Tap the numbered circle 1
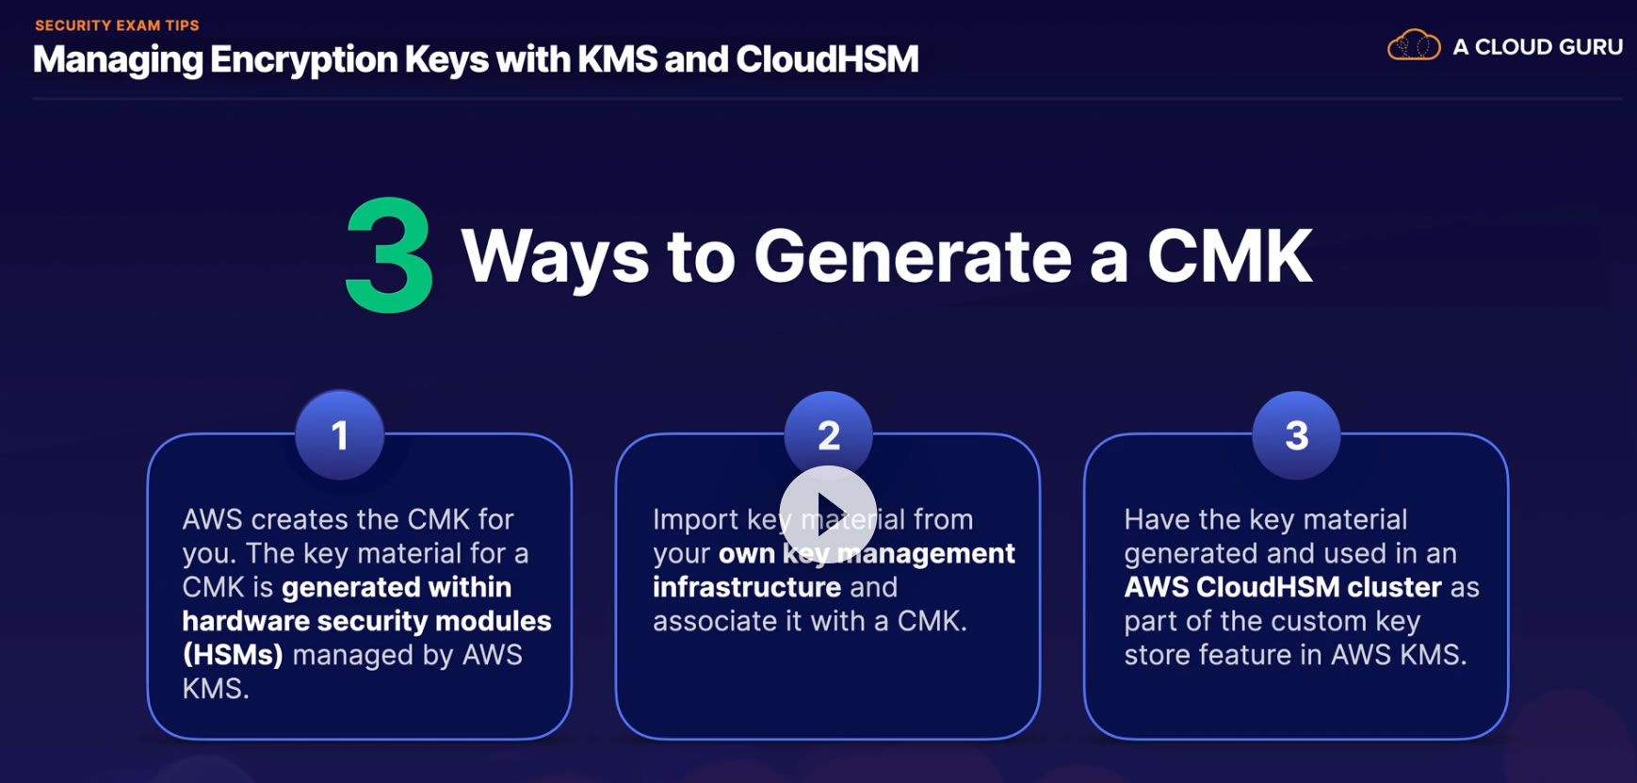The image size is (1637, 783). (x=340, y=435)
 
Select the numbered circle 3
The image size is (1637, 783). (x=1296, y=435)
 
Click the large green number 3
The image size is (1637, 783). (x=389, y=255)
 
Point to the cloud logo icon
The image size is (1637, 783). (x=1414, y=46)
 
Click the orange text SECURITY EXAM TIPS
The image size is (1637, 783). (x=117, y=25)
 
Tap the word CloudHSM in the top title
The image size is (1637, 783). (x=827, y=59)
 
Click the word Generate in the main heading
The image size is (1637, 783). (x=913, y=256)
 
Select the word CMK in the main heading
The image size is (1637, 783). (x=1229, y=256)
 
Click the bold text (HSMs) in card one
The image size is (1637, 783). (x=233, y=655)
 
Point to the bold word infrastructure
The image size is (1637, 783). (x=747, y=587)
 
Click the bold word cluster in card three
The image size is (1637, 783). (x=1394, y=587)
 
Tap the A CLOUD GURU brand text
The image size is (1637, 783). (x=1537, y=47)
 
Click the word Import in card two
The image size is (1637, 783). (x=695, y=519)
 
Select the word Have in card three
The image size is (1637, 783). (x=1157, y=519)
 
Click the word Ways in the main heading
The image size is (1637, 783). (x=555, y=256)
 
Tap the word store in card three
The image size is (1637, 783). (x=1159, y=655)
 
